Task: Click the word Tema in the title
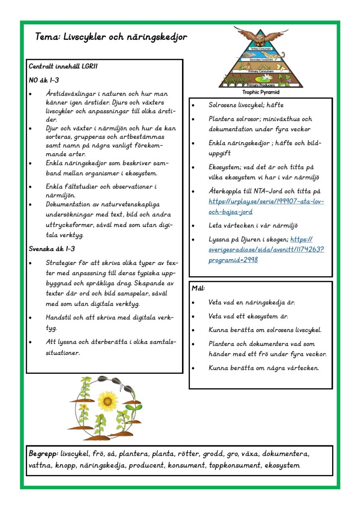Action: click(48, 38)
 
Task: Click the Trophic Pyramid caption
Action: click(261, 92)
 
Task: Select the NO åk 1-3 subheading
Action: click(44, 80)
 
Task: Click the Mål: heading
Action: click(198, 288)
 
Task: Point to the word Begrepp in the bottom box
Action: click(43, 454)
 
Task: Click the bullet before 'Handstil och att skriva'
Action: click(31, 318)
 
